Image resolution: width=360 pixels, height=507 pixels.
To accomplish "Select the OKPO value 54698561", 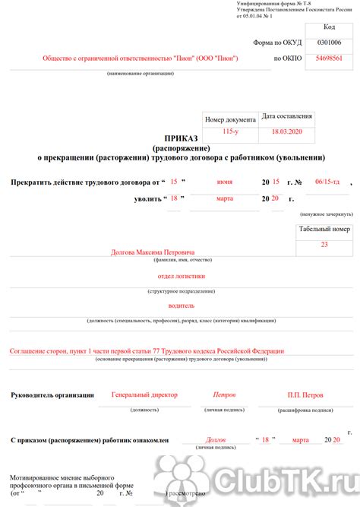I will point(329,58).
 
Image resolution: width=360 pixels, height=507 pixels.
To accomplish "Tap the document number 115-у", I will point(231,132).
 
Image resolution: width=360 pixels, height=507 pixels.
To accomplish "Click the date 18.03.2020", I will point(286,132).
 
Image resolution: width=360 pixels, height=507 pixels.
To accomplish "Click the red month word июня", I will point(224,182).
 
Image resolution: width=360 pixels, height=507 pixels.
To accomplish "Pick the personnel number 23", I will point(324,244).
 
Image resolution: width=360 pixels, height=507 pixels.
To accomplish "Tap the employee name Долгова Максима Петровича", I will point(153,252).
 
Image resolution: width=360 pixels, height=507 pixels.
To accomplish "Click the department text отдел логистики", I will point(181,277).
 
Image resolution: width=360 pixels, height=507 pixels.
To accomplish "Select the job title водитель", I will point(181,306).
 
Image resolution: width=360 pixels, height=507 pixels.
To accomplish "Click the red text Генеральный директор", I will point(144,395).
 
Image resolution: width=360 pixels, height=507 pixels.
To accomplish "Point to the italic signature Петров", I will point(224,395).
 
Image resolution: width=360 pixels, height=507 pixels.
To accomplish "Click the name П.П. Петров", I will point(305,395).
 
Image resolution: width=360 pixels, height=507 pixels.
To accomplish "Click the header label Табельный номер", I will point(324,230).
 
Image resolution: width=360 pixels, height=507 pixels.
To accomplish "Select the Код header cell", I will point(329,26).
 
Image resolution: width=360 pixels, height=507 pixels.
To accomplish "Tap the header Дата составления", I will point(286,116).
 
